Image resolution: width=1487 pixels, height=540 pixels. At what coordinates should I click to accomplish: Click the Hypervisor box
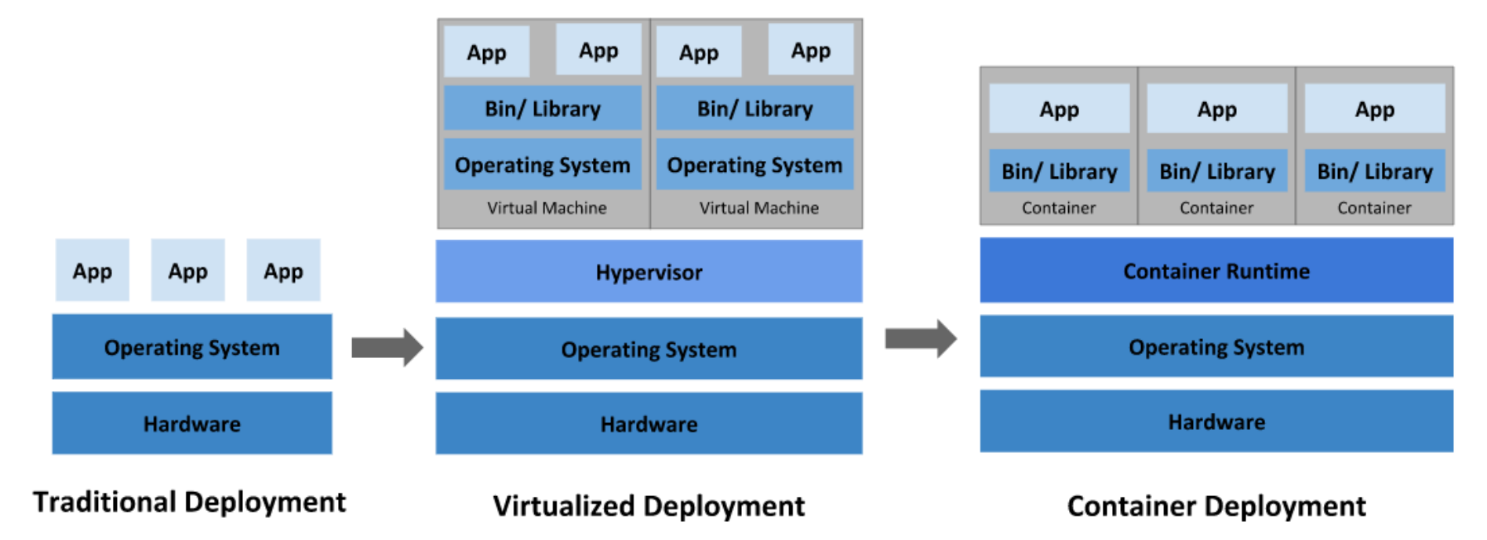[649, 272]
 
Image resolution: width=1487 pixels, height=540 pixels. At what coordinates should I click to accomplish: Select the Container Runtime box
[1216, 271]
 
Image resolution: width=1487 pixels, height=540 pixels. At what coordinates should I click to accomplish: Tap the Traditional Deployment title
[189, 502]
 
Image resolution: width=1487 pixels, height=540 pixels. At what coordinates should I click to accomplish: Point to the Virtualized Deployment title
[649, 506]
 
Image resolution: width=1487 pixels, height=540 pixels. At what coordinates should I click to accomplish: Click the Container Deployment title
[1216, 506]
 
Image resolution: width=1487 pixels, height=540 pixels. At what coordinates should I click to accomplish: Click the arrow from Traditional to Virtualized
[387, 347]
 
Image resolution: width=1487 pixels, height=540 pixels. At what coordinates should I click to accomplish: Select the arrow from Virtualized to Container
[921, 339]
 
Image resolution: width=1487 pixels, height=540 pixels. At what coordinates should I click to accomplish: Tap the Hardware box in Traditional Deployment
[192, 424]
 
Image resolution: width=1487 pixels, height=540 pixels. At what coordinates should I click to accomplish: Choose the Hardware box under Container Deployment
[1216, 421]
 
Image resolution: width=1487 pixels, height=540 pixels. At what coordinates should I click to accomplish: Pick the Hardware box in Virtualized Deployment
[649, 424]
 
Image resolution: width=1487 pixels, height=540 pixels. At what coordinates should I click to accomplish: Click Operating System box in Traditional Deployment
[192, 347]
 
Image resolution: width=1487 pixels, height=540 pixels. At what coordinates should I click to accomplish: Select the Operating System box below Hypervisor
[649, 349]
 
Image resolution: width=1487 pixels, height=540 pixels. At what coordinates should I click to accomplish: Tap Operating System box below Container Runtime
[1216, 346]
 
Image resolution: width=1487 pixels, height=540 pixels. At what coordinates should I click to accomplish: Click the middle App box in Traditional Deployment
[188, 271]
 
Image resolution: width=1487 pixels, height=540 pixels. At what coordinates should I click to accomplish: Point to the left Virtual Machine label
[547, 208]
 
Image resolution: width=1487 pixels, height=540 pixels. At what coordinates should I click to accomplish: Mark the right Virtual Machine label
[759, 208]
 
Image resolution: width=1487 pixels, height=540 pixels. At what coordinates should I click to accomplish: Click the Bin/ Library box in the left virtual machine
[543, 108]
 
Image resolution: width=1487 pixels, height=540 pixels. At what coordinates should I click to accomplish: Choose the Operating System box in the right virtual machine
[754, 165]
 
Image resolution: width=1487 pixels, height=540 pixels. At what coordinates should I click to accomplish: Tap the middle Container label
[1216, 208]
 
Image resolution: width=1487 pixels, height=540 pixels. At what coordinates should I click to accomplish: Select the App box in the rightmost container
[1375, 109]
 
